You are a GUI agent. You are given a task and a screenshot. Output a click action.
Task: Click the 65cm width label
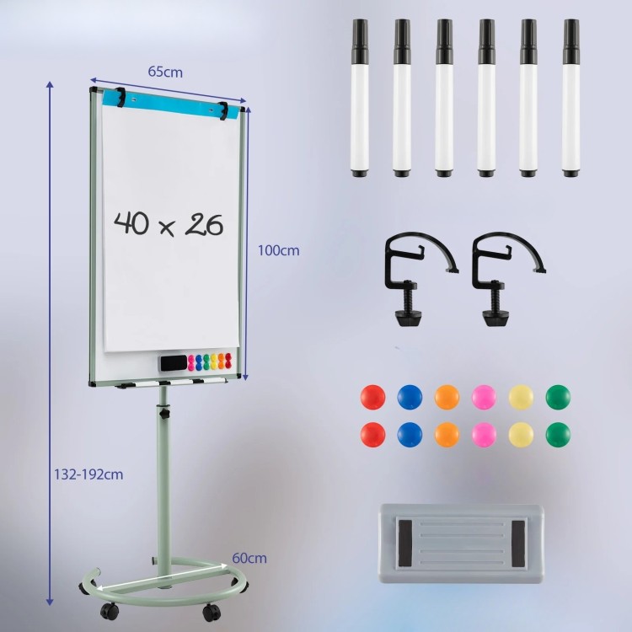[165, 72]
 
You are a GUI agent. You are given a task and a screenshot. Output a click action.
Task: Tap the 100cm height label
[279, 250]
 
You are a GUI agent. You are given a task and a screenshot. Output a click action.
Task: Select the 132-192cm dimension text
[88, 474]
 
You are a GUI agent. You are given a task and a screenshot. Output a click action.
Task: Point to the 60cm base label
[249, 558]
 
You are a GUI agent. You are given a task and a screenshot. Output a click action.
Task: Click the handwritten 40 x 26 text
[169, 223]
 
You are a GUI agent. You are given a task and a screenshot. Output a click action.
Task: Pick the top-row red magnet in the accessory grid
[372, 397]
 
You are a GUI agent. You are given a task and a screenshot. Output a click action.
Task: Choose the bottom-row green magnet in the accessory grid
[558, 435]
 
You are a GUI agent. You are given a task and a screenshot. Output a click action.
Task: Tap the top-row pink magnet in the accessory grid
[484, 397]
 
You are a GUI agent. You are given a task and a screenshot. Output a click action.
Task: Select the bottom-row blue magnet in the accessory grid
[410, 435]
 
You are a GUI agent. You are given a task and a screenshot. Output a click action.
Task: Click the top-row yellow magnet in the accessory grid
[521, 397]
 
